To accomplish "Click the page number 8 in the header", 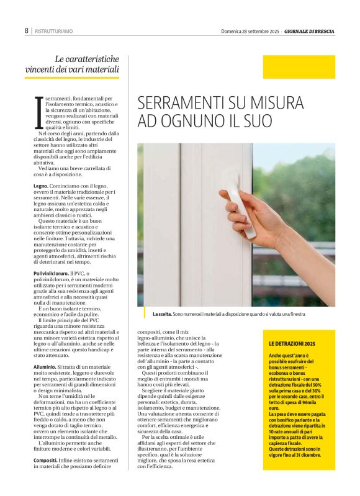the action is tap(27, 30).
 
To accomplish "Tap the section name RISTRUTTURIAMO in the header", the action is tap(54, 31).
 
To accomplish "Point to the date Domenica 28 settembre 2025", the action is tap(250, 31).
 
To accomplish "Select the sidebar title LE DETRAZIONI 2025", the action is tap(292, 343).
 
